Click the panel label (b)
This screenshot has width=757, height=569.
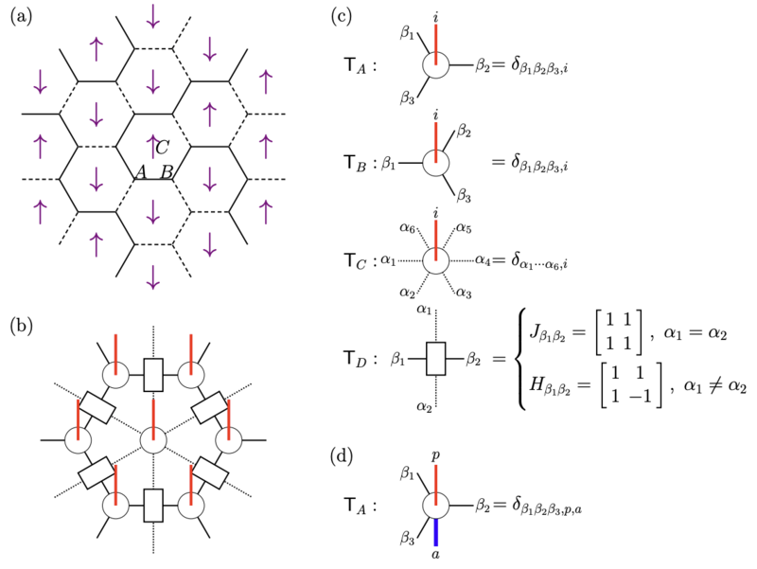pos(21,326)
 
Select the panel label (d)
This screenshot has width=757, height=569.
pos(342,456)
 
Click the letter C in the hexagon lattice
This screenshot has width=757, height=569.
pos(162,148)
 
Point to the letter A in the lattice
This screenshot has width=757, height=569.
pos(141,171)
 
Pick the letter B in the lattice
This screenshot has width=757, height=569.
pos(167,171)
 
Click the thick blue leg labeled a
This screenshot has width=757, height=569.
pos(435,532)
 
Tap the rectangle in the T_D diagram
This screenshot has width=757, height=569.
pos(436,359)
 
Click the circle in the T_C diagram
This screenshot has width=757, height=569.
pos(436,261)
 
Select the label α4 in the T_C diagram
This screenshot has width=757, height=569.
pos(483,260)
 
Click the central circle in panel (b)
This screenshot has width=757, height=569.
pos(153,440)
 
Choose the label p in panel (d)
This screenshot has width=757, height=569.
pos(435,455)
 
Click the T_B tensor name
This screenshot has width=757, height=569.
pos(356,164)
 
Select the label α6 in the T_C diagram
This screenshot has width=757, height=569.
pos(407,227)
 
